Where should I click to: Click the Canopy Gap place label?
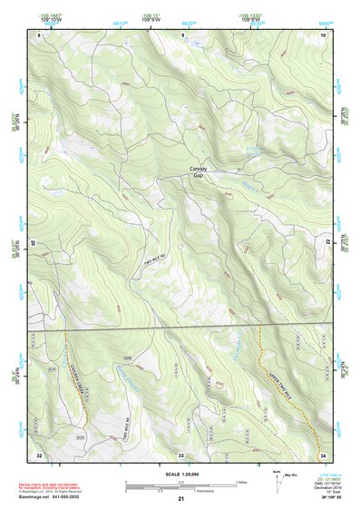click(x=198, y=173)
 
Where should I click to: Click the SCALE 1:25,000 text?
click(x=180, y=474)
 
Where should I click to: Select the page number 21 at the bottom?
click(x=180, y=499)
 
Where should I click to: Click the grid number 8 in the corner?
click(x=39, y=34)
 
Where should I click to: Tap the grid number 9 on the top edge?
click(x=181, y=34)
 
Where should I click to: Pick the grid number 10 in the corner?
click(x=324, y=34)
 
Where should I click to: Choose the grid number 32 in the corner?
click(x=39, y=454)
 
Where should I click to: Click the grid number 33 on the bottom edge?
click(x=180, y=454)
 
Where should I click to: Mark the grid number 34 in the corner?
click(x=323, y=454)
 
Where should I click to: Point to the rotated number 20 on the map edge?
click(x=34, y=243)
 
